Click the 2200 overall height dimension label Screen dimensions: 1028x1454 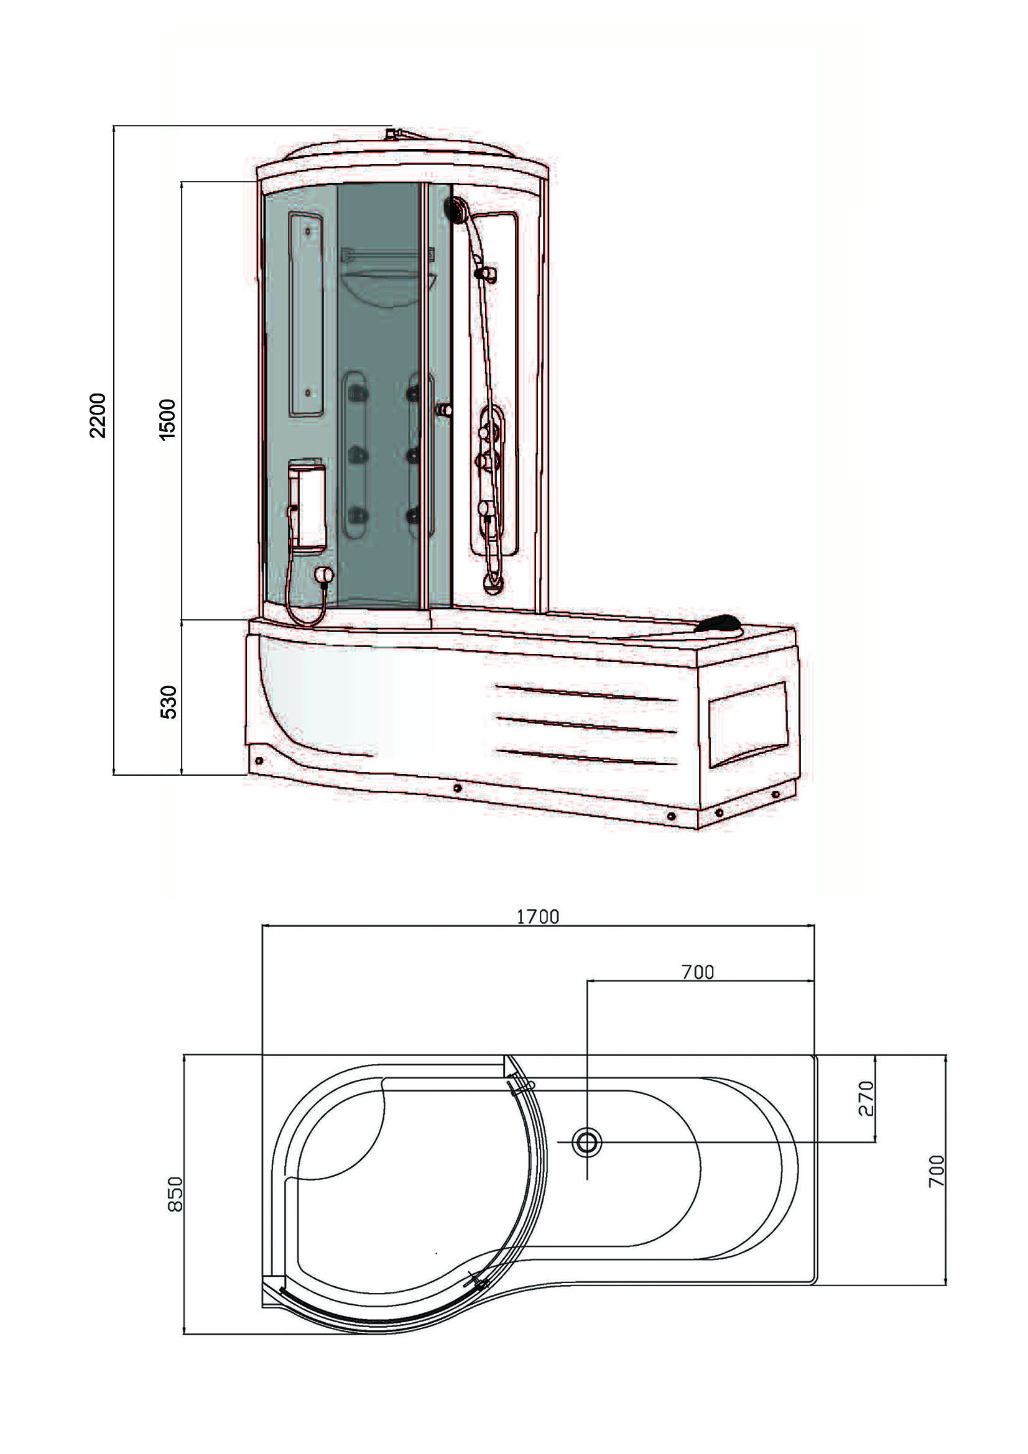click(x=98, y=415)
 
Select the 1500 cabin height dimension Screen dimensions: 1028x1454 click(x=167, y=419)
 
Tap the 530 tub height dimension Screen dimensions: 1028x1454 click(x=169, y=702)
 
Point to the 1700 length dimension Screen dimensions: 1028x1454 click(x=538, y=916)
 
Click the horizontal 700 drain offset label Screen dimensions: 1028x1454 click(x=697, y=972)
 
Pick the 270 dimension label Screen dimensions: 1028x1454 click(x=866, y=1098)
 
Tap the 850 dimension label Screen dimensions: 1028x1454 click(x=175, y=1194)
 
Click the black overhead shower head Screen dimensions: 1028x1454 click(x=455, y=209)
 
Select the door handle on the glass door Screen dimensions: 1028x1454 click(x=444, y=410)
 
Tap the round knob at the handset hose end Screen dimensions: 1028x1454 click(x=324, y=574)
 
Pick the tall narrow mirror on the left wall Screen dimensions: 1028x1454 click(x=307, y=314)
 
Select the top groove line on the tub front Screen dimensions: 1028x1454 click(x=586, y=692)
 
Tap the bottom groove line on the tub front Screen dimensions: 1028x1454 click(x=586, y=757)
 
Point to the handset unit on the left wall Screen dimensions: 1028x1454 click(x=307, y=507)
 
